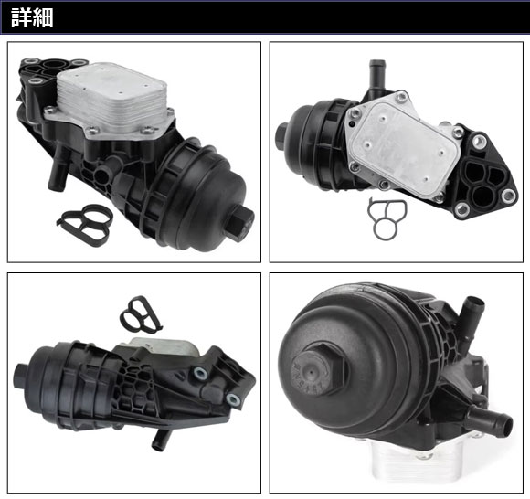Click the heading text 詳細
pos(32,17)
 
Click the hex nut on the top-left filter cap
pos(242,221)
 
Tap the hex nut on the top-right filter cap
pos(281,133)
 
